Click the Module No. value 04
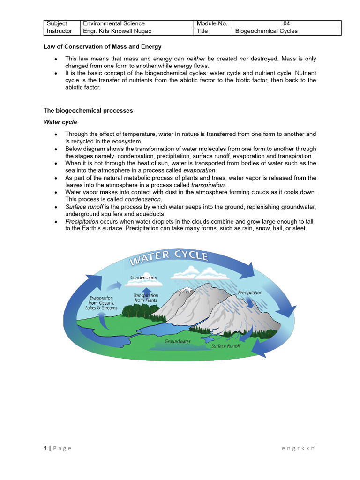point(286,23)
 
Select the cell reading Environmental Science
point(114,23)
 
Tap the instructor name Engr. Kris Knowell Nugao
point(116,31)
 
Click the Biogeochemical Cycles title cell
point(266,31)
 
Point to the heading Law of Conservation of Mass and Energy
point(102,46)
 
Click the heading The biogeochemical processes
point(88,111)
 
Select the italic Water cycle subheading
point(60,122)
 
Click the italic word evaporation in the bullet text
point(199,170)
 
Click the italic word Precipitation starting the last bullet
point(82,221)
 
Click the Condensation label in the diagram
point(144,277)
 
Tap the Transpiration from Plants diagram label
point(146,298)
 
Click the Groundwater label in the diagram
point(177,342)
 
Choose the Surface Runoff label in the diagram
point(226,346)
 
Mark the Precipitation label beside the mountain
point(250,292)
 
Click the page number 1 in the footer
point(45,448)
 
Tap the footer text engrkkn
point(298,448)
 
